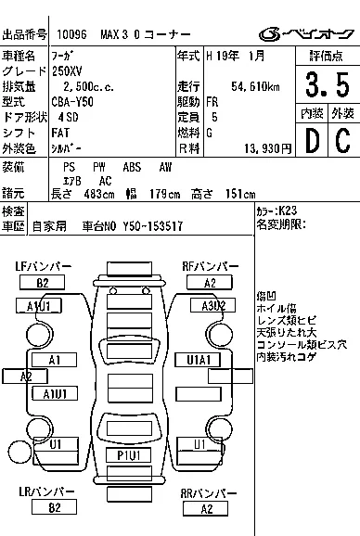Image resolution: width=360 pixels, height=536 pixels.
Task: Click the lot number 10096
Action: pyautogui.click(x=71, y=35)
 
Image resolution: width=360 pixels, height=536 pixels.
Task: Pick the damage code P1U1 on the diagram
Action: pyautogui.click(x=129, y=455)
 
